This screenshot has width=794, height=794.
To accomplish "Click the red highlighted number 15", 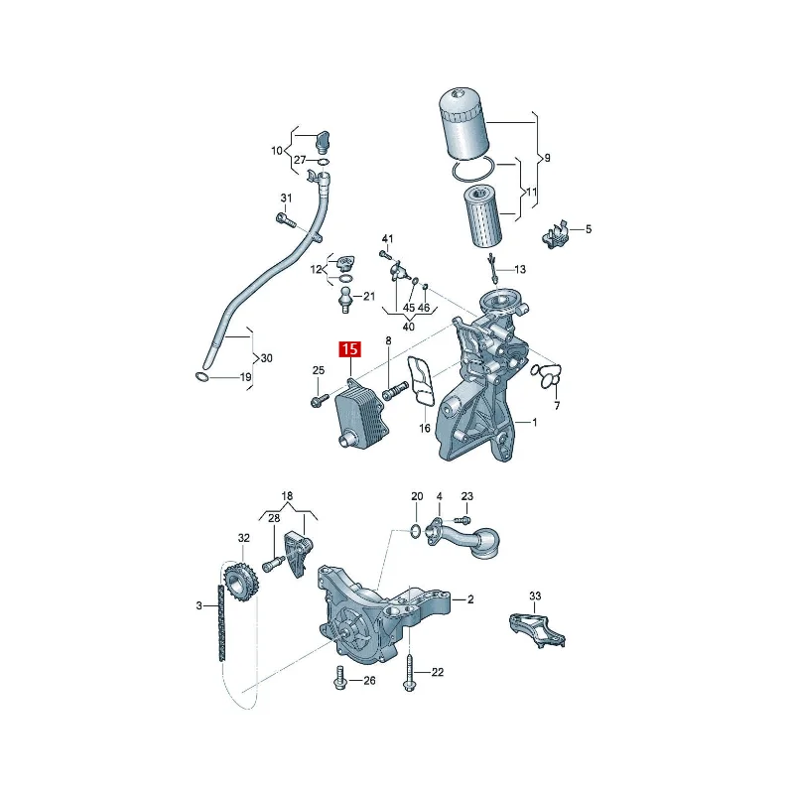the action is (350, 349).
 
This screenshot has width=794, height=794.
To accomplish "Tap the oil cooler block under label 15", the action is (361, 414).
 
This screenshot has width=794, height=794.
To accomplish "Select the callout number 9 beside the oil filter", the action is (547, 158).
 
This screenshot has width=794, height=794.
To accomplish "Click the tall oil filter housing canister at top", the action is (463, 124).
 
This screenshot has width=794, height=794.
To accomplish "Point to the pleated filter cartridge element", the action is (482, 216).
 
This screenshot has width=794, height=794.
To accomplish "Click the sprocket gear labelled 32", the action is (241, 583).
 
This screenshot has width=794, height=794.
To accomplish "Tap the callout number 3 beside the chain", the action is (199, 605).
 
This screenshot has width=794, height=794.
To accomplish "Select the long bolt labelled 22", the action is (409, 671).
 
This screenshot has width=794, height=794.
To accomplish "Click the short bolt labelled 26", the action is (339, 678).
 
